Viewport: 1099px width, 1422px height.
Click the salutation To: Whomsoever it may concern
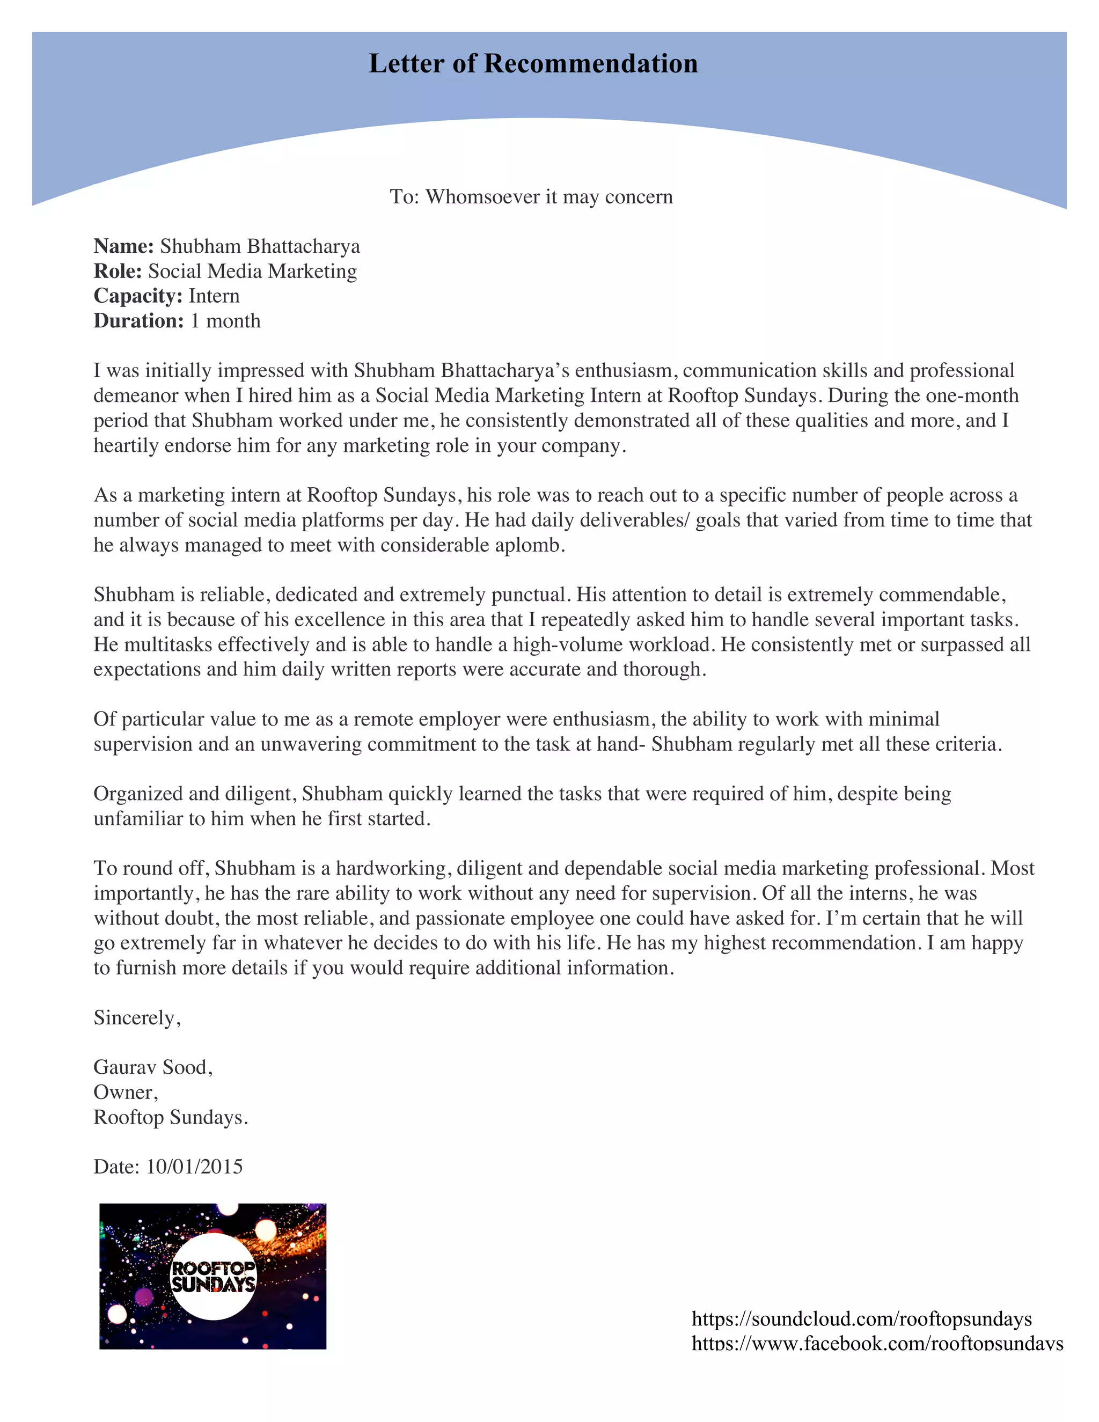pos(531,196)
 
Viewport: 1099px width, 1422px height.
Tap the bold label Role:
pos(118,271)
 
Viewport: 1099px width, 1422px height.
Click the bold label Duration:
pos(138,321)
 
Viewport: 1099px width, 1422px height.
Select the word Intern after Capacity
pos(214,296)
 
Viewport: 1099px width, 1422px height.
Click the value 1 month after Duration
pos(225,321)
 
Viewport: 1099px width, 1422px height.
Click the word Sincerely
pos(135,1017)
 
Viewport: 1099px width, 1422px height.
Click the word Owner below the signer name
pos(124,1092)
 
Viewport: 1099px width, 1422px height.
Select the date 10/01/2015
pos(194,1166)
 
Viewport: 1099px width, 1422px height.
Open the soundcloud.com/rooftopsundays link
pos(861,1318)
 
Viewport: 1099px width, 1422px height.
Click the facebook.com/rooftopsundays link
pos(876,1343)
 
